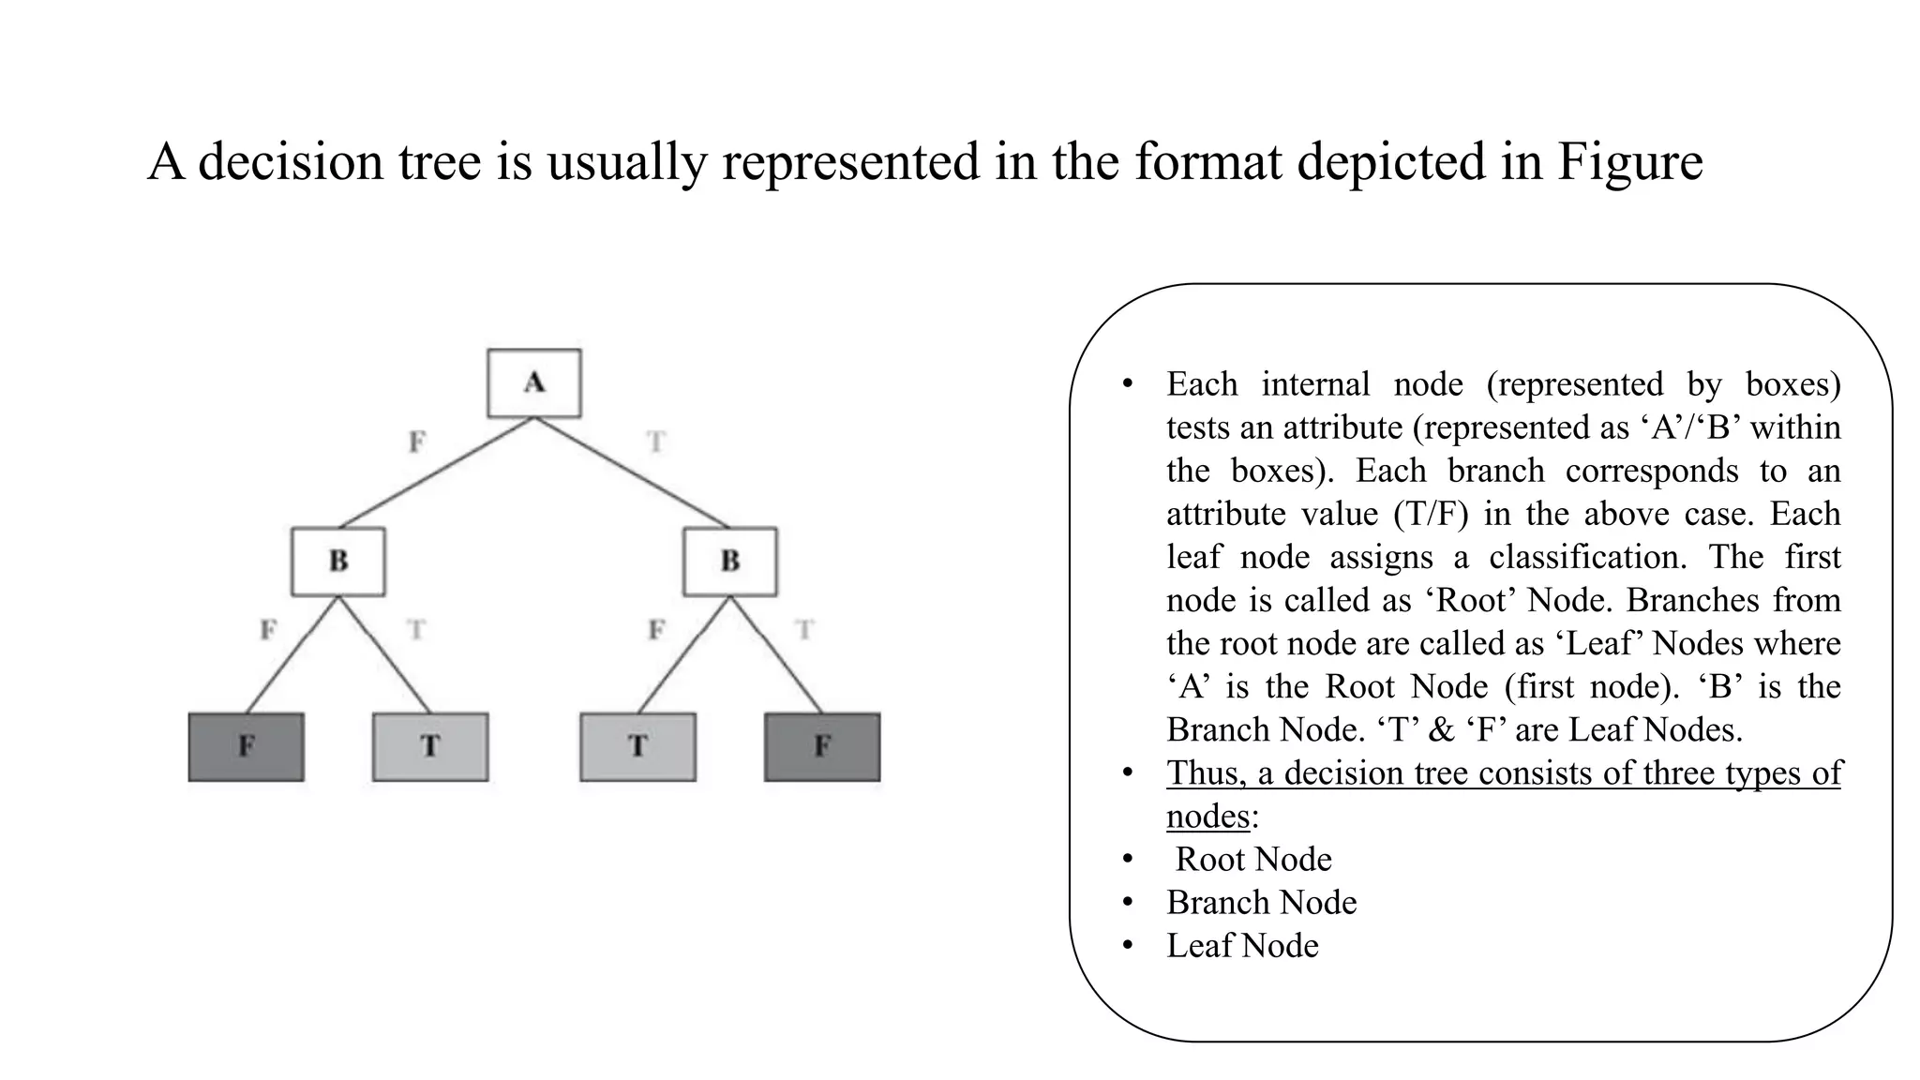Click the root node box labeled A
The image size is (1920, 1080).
pos(534,383)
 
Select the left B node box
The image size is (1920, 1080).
pos(338,562)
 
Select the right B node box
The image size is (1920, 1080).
pos(730,562)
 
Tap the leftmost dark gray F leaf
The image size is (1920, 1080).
pos(247,747)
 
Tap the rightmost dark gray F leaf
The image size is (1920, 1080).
pos(822,747)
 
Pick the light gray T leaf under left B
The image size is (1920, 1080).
pos(430,747)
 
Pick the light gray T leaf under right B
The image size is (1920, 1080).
pos(638,747)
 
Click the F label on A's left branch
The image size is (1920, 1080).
pos(417,441)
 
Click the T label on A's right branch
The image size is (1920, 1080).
pos(656,441)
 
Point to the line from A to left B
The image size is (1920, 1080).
pos(436,472)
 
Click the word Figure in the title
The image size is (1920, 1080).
pos(1630,161)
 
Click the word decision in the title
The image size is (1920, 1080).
pos(292,161)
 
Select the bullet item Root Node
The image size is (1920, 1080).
pos(1253,859)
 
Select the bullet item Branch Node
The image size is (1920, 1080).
pos(1262,902)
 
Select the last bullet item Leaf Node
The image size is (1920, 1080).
pos(1242,945)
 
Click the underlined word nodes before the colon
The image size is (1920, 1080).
pos(1208,817)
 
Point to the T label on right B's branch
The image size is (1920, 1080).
pos(804,629)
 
